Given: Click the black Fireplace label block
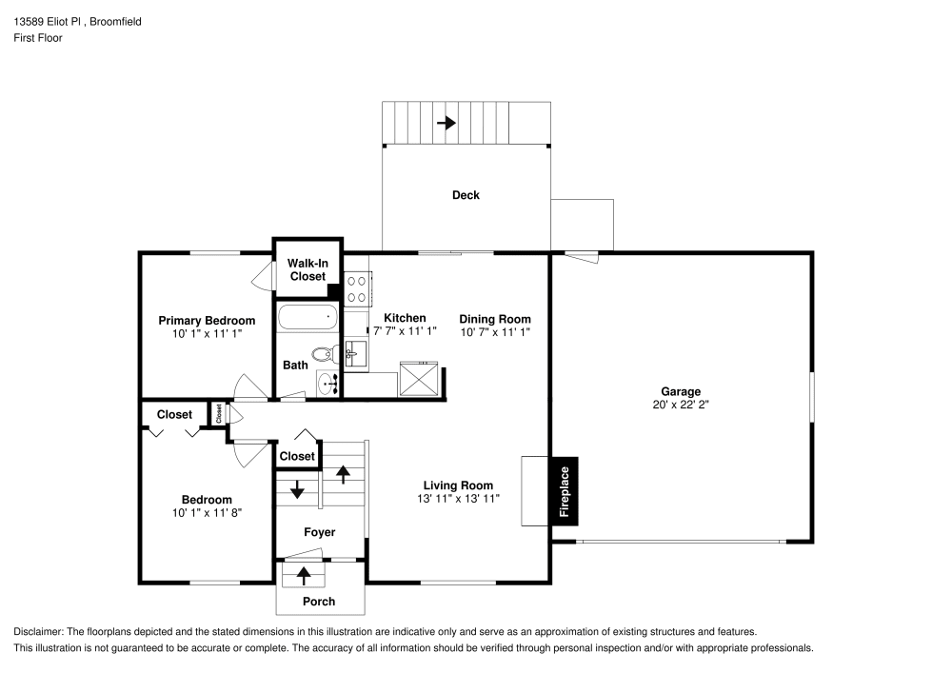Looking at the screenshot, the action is pos(565,491).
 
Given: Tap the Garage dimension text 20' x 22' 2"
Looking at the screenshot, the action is pos(681,405).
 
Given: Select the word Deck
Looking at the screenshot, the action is pos(466,195).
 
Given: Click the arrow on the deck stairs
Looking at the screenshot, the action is pos(446,123).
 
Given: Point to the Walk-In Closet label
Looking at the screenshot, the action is pos(307,269).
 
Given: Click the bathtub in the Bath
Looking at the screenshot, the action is pos(307,317).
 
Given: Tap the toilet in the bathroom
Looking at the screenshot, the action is pos(326,354).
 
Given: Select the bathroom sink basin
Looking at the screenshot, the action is pos(328,384).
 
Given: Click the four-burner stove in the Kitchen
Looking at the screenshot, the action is pos(356,288).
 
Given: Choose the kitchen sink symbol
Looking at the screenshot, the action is pos(356,354).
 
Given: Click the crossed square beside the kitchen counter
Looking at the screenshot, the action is pos(418,379).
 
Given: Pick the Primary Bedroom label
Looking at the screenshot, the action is pos(207,321).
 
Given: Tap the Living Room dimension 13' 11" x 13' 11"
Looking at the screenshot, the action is pos(459,499).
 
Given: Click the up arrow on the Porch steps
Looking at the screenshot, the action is pos(303,575).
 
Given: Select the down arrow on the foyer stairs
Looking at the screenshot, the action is pos(297,489).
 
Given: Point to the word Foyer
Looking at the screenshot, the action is pos(319,532).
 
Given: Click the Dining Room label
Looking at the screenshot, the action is pos(495,319).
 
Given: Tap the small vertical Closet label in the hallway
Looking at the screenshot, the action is pos(219,414).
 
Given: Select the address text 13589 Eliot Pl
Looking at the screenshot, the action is pos(47,21).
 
